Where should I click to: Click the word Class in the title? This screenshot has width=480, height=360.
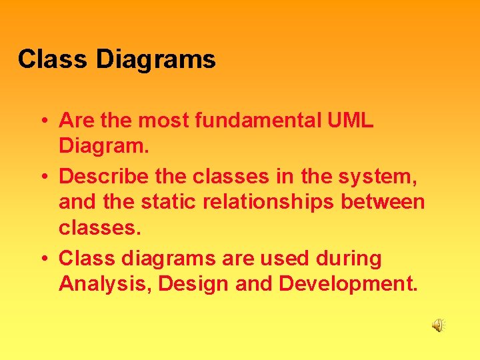point(53,59)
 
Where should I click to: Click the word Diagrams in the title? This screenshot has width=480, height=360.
point(156,60)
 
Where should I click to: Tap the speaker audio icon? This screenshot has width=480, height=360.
point(438,325)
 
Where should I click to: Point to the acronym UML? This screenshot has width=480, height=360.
point(351,121)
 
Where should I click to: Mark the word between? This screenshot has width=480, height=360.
point(388,201)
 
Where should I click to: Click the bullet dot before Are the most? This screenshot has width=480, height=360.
point(43,121)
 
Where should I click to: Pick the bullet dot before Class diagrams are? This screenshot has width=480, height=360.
point(43,259)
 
